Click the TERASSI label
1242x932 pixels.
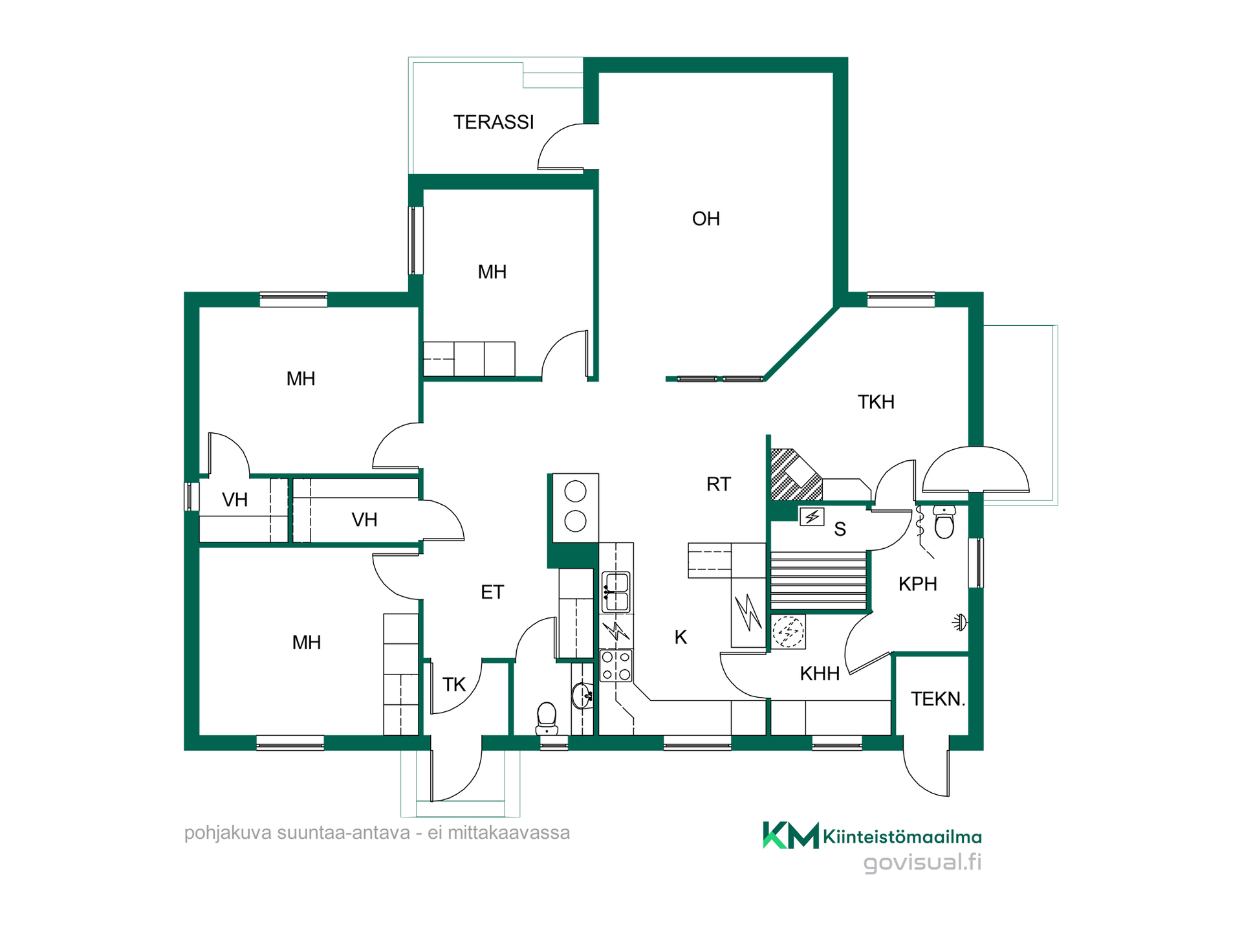(494, 122)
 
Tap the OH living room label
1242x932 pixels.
(706, 219)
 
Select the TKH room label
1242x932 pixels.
(876, 402)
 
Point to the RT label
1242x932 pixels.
(718, 484)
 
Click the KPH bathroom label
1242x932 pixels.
(917, 584)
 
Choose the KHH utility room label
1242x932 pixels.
(820, 674)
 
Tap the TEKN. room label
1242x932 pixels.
(938, 699)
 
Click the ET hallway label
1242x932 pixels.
(492, 592)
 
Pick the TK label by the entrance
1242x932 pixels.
(454, 685)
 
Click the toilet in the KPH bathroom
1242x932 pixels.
(944, 522)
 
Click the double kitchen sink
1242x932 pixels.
(616, 592)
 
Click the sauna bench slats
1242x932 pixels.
(818, 581)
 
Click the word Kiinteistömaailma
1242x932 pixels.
(902, 837)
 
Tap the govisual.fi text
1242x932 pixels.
(922, 863)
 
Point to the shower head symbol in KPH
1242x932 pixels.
(960, 623)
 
